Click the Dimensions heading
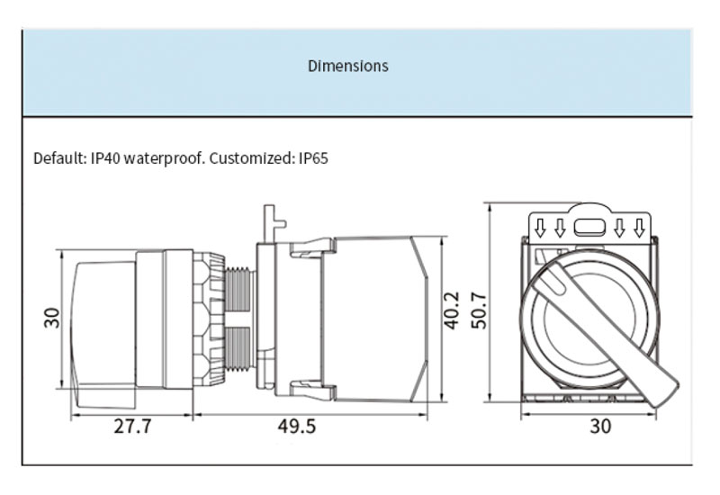click(x=348, y=66)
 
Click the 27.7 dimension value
click(x=132, y=426)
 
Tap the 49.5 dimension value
click(x=297, y=426)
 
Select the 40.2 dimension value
click(x=452, y=310)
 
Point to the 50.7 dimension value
click(x=479, y=310)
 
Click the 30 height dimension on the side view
click(x=52, y=318)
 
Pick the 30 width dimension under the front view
click(x=600, y=426)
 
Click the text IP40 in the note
click(x=105, y=158)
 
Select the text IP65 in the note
click(x=313, y=158)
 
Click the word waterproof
click(x=165, y=159)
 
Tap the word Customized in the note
click(x=252, y=158)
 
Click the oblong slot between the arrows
click(x=590, y=227)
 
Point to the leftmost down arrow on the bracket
click(x=541, y=228)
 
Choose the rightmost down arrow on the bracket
click(x=639, y=228)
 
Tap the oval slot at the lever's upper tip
click(x=554, y=281)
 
